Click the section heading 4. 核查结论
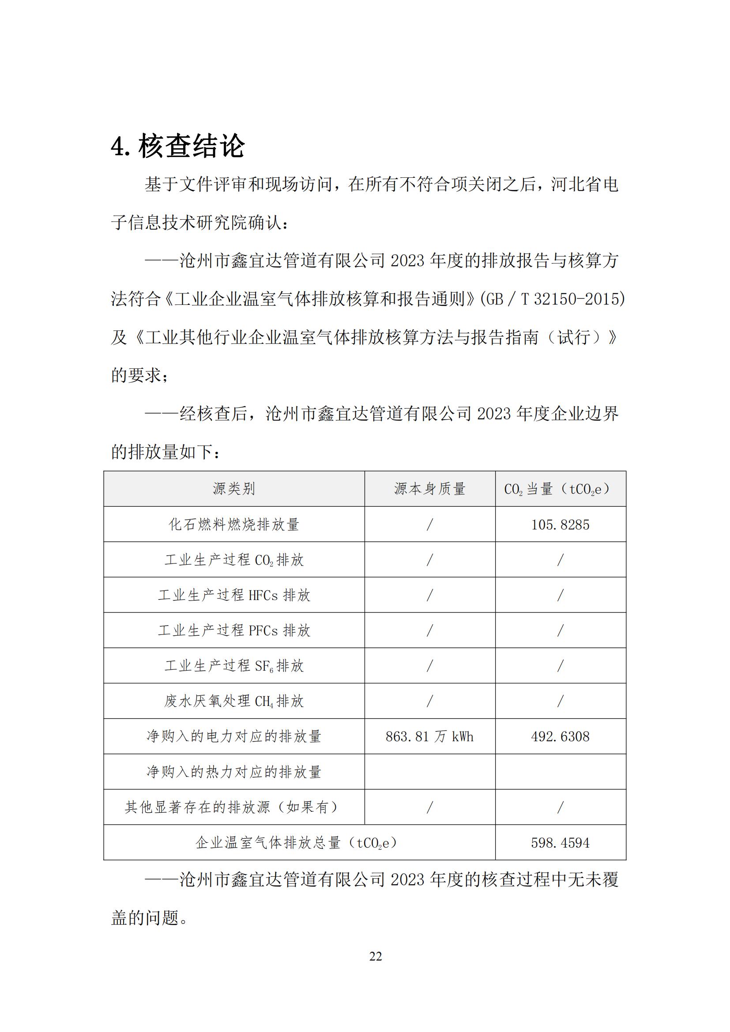(x=177, y=146)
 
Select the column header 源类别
(x=234, y=488)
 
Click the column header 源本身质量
(x=430, y=488)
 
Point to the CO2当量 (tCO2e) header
(x=560, y=488)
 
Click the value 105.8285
(x=560, y=525)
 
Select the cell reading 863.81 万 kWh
(x=430, y=737)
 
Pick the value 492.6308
(x=560, y=737)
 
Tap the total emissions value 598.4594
(x=560, y=843)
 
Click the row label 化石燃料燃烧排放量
(x=234, y=525)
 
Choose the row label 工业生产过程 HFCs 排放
(x=234, y=595)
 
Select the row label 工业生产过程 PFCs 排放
(x=234, y=630)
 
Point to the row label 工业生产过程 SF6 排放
(x=234, y=666)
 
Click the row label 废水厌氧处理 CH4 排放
(x=234, y=701)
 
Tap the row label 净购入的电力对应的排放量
(x=234, y=737)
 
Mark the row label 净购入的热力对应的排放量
(x=234, y=772)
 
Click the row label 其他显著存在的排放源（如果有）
(x=234, y=807)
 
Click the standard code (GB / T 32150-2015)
(x=553, y=299)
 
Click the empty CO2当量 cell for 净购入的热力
(x=560, y=772)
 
